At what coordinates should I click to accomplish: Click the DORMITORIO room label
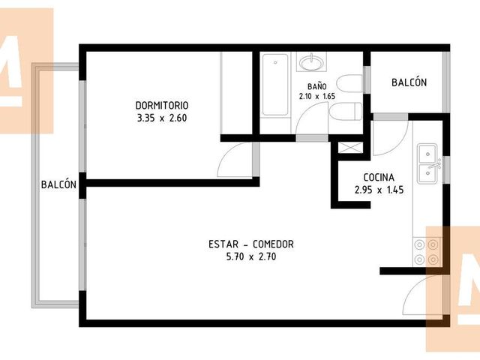click(x=162, y=105)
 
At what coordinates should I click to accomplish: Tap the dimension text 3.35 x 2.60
click(x=162, y=118)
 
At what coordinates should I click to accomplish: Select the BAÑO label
click(x=317, y=86)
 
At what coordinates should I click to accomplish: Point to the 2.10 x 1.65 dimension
click(x=317, y=96)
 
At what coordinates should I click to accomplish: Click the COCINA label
click(x=379, y=177)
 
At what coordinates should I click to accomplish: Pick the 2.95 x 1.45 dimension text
click(x=379, y=190)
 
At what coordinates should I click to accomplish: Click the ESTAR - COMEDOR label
click(x=251, y=244)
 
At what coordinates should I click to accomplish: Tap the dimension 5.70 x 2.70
click(x=251, y=256)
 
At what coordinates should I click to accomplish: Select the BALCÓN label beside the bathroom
click(x=409, y=82)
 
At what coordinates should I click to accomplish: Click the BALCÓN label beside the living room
click(x=58, y=184)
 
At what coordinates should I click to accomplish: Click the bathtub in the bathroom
click(x=275, y=85)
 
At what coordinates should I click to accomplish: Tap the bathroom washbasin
click(x=311, y=62)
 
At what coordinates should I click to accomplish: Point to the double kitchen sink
click(x=428, y=163)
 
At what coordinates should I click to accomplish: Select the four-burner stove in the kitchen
click(x=426, y=252)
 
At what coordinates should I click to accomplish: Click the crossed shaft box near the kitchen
click(x=350, y=148)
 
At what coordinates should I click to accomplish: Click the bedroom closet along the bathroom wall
click(x=236, y=93)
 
